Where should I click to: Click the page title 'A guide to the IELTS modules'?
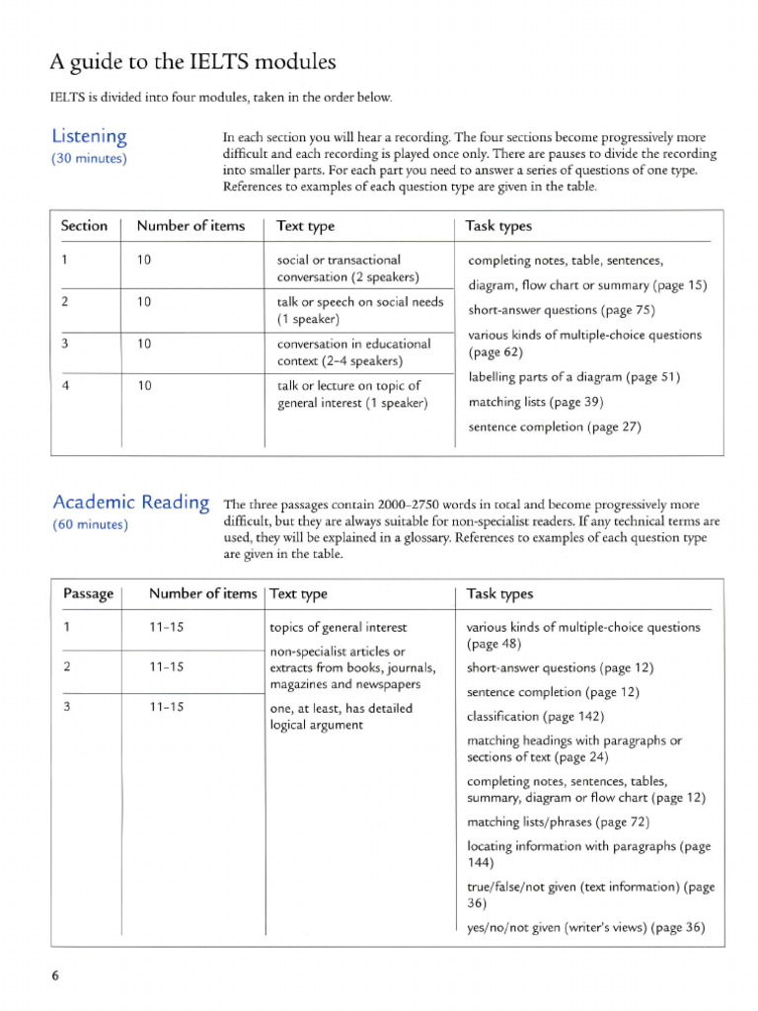coord(192,62)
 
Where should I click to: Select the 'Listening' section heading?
coord(89,136)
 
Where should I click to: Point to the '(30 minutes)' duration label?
coord(88,159)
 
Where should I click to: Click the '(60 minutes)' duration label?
coord(89,524)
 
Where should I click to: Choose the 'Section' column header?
coord(84,226)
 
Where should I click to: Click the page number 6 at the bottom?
coord(55,975)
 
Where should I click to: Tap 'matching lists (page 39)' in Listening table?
coord(534,402)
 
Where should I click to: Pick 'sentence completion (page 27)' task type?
coord(554,428)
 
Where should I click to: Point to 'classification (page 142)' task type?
coord(535,716)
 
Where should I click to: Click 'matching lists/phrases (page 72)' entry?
coord(558,821)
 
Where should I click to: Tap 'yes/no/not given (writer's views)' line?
coord(585,927)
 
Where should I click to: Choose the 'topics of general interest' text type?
coord(339,627)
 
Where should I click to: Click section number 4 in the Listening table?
coord(65,386)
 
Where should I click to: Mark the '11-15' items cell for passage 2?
coord(167,666)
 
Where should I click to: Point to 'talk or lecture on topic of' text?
coord(349,386)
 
